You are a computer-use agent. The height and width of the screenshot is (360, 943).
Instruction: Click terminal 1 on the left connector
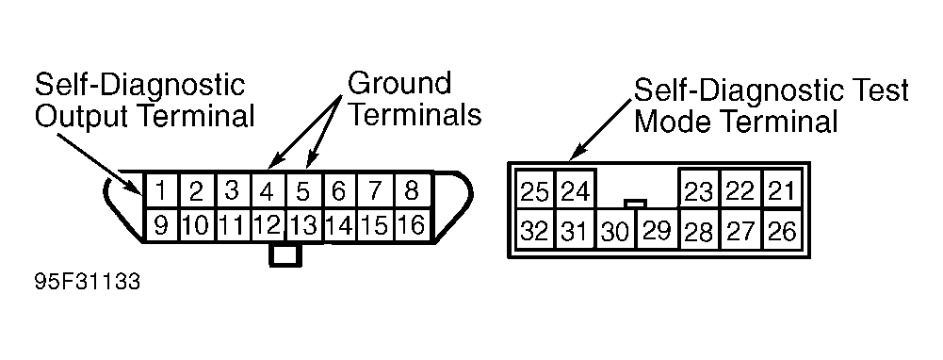pos(161,190)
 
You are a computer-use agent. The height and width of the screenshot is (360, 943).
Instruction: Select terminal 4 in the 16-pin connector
pos(268,190)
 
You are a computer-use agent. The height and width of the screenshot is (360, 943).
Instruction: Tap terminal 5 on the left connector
pos(303,190)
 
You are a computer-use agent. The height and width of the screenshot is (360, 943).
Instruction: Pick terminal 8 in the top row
pos(412,190)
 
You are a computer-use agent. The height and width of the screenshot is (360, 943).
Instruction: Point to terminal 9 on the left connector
pos(161,226)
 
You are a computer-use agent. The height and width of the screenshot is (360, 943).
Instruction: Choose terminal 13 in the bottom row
pos(304,226)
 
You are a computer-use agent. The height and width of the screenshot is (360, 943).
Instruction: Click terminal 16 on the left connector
pos(412,226)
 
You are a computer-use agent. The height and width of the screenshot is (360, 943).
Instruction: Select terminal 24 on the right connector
pos(575,191)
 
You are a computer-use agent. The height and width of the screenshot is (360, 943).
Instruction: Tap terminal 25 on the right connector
pos(535,191)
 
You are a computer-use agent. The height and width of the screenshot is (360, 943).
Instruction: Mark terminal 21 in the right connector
pos(783,190)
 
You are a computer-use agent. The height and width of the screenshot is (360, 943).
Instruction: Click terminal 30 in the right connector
pos(616,231)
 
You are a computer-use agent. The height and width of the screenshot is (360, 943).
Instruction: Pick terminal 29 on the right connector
pos(658,231)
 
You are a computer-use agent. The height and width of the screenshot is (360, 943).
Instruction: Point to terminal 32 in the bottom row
pos(535,231)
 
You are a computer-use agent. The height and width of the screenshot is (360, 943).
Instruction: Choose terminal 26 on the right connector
pos(783,231)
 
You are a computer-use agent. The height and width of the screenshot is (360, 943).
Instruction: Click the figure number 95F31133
pos(88,282)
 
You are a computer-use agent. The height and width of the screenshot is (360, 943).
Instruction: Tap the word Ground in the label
pos(399,83)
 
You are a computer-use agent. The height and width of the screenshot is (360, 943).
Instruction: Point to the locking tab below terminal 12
pos(285,254)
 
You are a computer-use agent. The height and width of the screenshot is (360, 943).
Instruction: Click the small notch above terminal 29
pos(636,204)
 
